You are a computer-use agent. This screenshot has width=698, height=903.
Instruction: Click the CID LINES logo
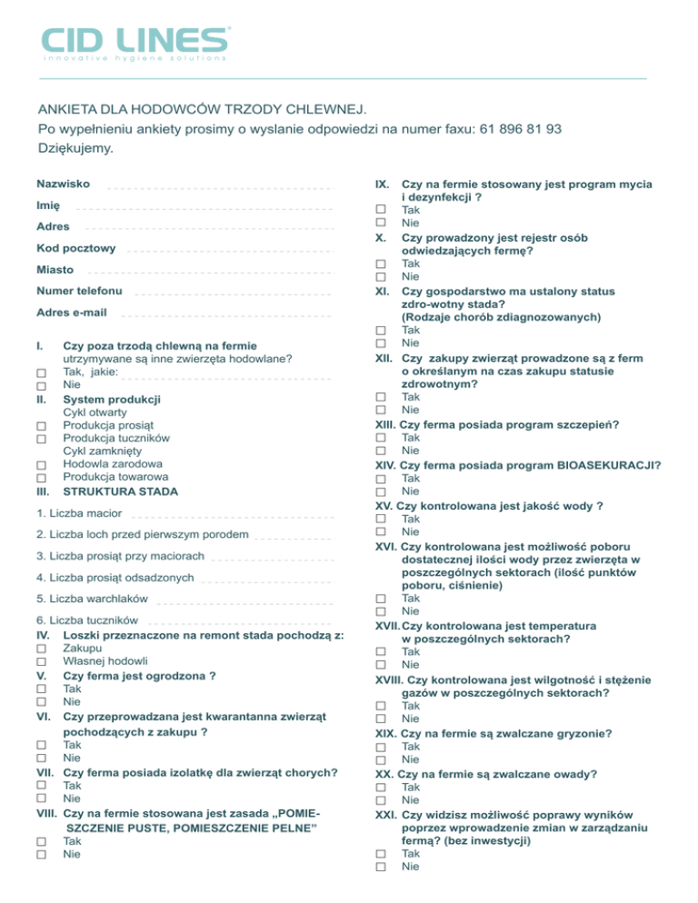(135, 44)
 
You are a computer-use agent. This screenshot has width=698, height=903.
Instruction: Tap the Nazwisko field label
(63, 184)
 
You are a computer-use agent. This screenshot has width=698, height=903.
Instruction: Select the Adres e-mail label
(72, 313)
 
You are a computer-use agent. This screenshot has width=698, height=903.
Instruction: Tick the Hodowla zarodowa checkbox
(41, 465)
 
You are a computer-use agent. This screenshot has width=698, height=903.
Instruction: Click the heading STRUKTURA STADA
(121, 491)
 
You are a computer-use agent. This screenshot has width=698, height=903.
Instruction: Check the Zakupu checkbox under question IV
(41, 649)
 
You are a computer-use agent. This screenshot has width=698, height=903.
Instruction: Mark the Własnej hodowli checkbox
(41, 661)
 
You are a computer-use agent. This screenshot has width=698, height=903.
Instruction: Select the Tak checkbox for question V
(41, 690)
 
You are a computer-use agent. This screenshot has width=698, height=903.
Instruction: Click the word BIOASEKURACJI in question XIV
(610, 465)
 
